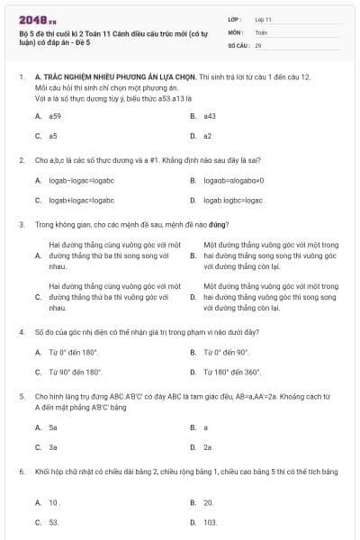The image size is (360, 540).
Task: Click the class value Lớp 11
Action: pyautogui.click(x=263, y=19)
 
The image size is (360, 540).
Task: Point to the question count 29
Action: pyautogui.click(x=258, y=44)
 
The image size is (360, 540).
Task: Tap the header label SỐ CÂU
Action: pyautogui.click(x=238, y=44)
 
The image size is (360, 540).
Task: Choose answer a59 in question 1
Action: pyautogui.click(x=55, y=116)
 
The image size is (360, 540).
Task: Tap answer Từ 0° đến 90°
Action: pyautogui.click(x=225, y=352)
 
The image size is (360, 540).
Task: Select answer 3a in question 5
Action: pyautogui.click(x=53, y=446)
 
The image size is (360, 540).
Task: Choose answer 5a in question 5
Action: pyautogui.click(x=53, y=427)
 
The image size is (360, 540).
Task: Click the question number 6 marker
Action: pyautogui.click(x=21, y=471)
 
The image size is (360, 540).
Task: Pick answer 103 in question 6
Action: pyautogui.click(x=210, y=522)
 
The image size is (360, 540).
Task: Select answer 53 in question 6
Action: pyautogui.click(x=54, y=522)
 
